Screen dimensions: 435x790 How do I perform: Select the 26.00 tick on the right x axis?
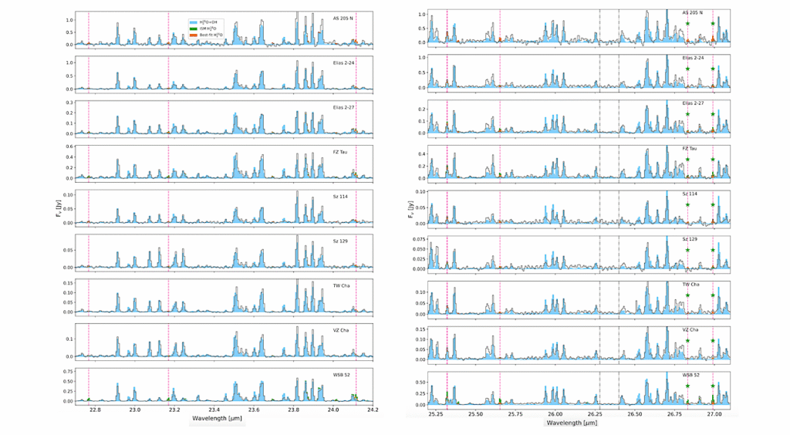tap(555, 413)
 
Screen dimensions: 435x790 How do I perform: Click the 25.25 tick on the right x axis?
tap(436, 413)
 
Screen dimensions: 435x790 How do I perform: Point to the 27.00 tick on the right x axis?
tap(714, 413)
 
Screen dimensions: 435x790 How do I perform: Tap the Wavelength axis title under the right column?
tap(569, 423)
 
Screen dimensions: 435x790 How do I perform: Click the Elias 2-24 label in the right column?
tap(693, 58)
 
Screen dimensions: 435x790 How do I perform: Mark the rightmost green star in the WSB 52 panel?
tap(713, 386)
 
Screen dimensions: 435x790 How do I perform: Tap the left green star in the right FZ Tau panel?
tap(687, 160)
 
